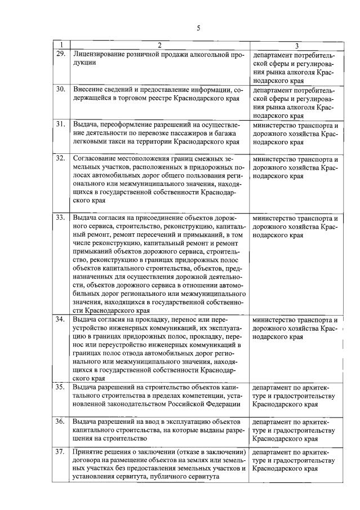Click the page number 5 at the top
[x=198, y=28]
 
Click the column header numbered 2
[x=159, y=46]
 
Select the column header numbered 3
[x=296, y=46]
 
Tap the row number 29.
[x=60, y=54]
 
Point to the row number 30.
[x=60, y=90]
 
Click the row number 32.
[x=60, y=158]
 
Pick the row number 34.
[x=60, y=319]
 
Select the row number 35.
[x=60, y=387]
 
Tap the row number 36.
[x=60, y=421]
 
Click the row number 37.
[x=60, y=452]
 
